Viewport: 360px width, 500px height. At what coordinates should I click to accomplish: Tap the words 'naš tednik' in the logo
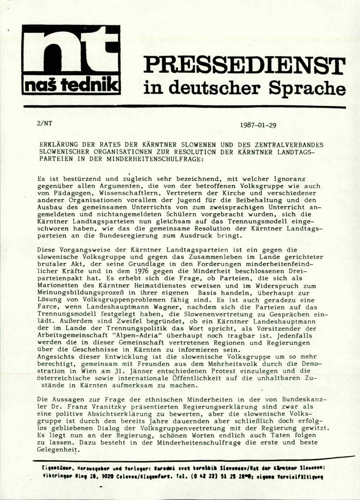point(71,85)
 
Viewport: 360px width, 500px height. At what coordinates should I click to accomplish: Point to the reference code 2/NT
point(44,123)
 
